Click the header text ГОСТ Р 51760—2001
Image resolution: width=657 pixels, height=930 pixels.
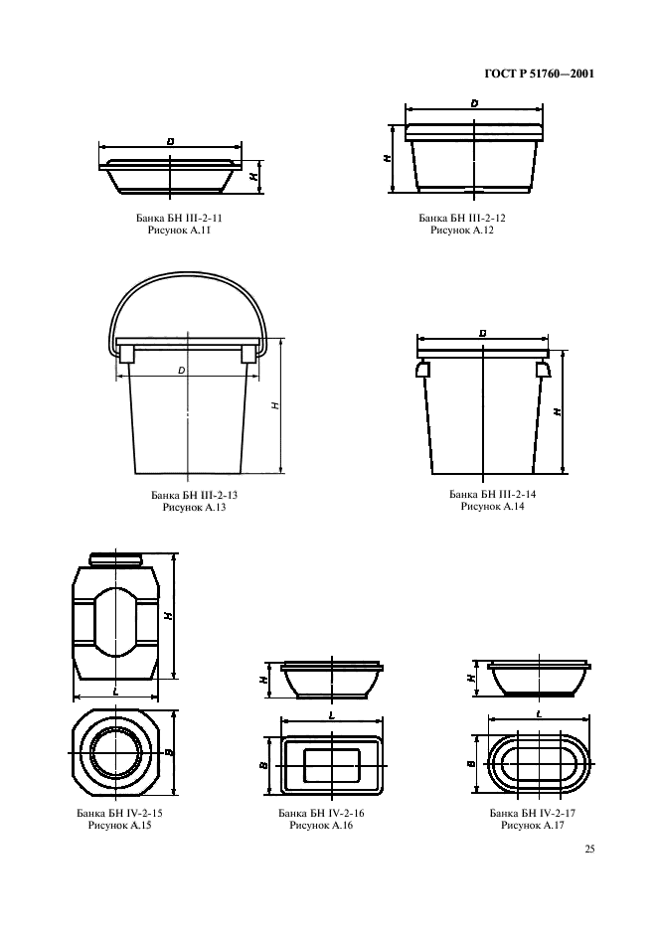pos(539,75)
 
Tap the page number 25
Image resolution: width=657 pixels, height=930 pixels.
pos(589,849)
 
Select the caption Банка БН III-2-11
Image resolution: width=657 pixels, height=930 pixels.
pos(179,219)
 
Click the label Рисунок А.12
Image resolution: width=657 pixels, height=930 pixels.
pos(462,231)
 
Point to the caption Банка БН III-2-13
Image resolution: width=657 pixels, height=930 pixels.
pos(194,495)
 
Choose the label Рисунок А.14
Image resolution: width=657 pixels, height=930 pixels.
pos(493,507)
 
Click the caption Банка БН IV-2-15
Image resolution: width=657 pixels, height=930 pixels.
pos(119,813)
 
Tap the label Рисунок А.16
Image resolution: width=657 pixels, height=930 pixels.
pos(321,825)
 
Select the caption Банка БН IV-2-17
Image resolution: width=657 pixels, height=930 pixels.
pos(533,813)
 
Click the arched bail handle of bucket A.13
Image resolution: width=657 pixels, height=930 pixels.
pos(188,276)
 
